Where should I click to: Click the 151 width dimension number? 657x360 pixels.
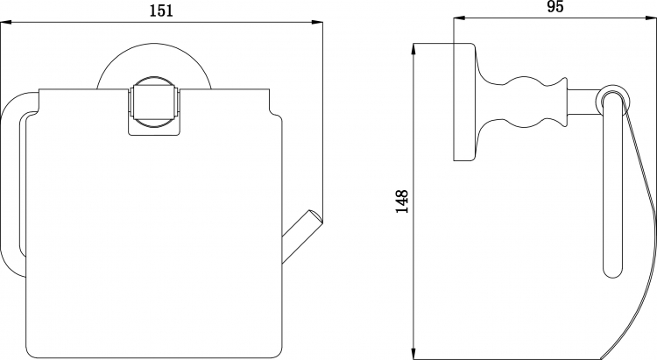[x=161, y=11]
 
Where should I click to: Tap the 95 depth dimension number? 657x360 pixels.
[x=555, y=7]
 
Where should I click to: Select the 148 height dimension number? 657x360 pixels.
[x=402, y=201]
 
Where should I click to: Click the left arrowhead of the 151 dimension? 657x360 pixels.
[x=6, y=23]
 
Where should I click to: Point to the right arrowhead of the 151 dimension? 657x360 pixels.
[x=317, y=23]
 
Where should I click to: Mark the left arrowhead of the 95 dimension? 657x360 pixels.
[x=459, y=18]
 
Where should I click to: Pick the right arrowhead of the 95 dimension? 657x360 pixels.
[x=651, y=18]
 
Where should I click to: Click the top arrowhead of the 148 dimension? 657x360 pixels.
[x=414, y=49]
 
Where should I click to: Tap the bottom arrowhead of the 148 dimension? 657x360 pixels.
[x=414, y=353]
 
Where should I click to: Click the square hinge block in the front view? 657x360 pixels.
[x=155, y=102]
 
